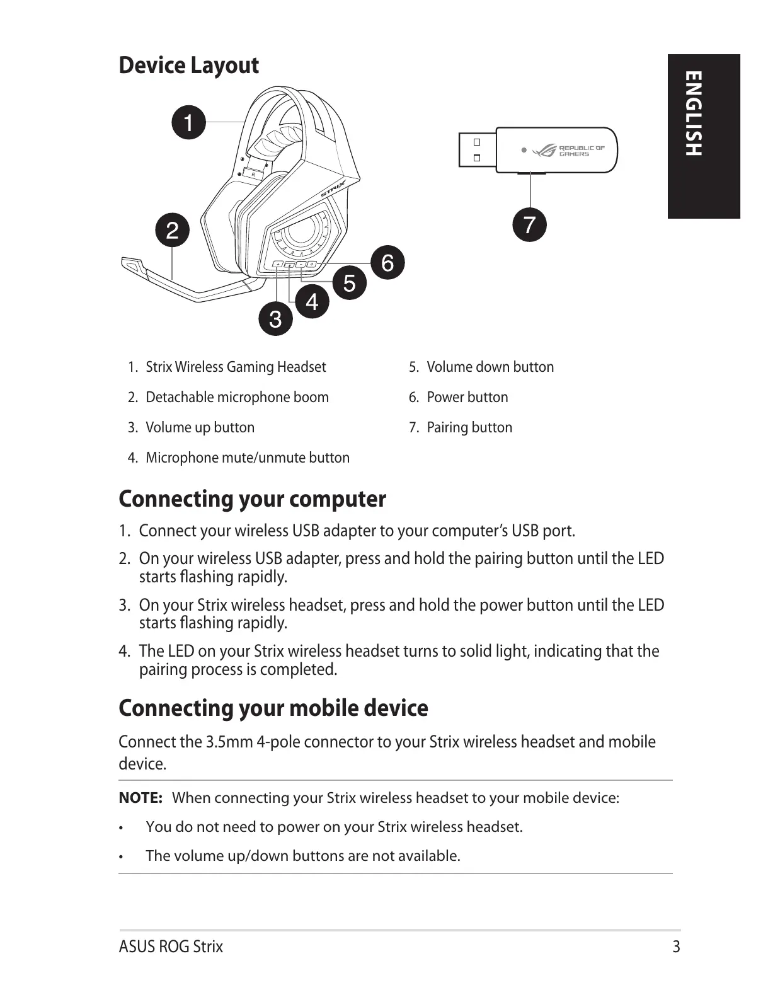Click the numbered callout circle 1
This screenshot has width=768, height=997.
(x=189, y=122)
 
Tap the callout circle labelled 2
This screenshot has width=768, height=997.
(x=173, y=230)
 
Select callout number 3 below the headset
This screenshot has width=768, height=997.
(x=275, y=319)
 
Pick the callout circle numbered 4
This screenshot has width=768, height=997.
(x=312, y=302)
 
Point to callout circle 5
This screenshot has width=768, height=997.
(x=350, y=283)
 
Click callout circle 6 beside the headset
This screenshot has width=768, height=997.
(x=387, y=262)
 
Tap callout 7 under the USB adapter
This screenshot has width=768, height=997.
(x=529, y=224)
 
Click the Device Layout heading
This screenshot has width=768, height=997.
(x=188, y=66)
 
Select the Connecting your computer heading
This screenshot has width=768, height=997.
(x=252, y=498)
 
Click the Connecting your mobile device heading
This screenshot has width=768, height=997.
(x=273, y=708)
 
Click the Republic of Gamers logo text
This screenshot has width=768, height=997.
(x=582, y=151)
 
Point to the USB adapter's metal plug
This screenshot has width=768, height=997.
(x=477, y=150)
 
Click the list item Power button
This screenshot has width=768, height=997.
(x=467, y=397)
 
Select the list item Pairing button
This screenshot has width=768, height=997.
(x=469, y=427)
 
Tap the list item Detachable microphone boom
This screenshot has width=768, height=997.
(x=237, y=397)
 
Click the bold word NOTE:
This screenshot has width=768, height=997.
(x=140, y=798)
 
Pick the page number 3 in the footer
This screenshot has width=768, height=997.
(x=676, y=947)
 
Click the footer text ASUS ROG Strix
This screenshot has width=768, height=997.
(x=171, y=947)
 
